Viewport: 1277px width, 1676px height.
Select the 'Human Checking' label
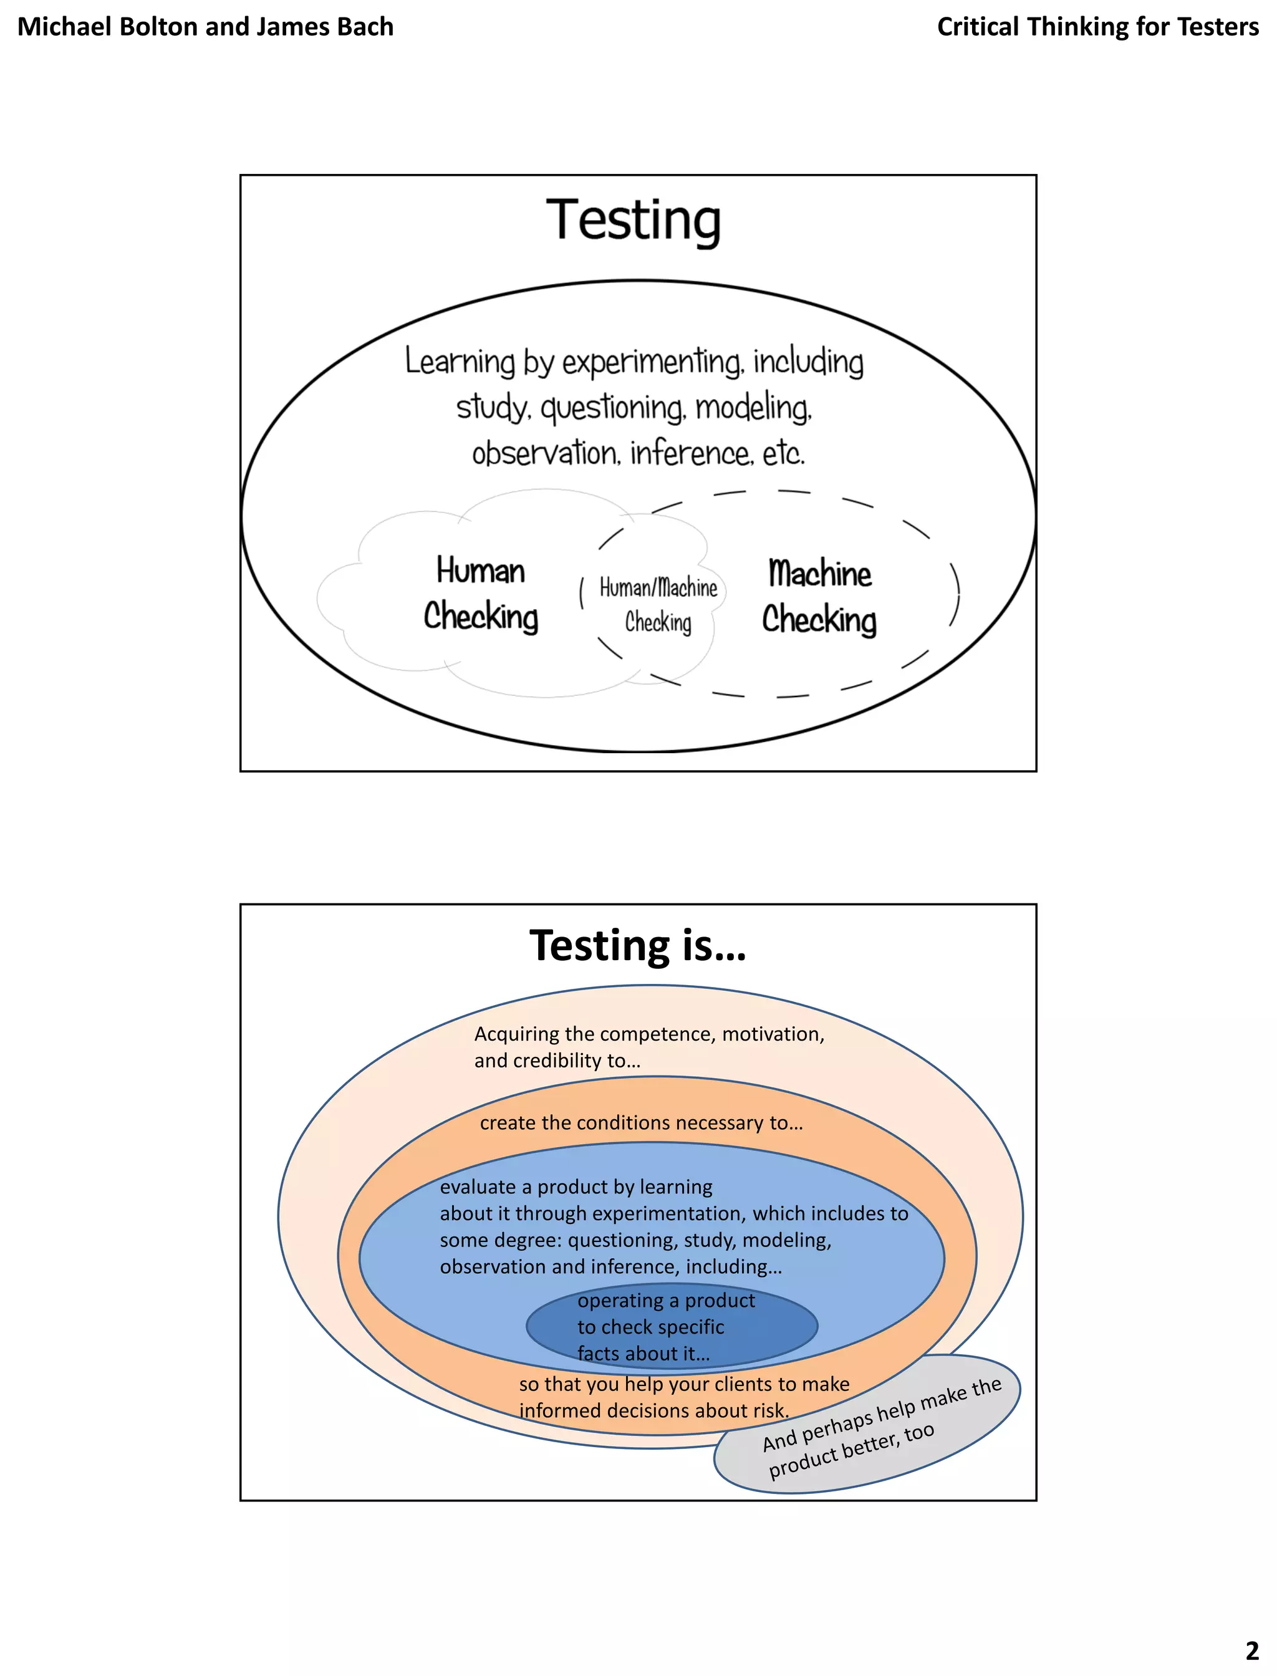click(x=480, y=594)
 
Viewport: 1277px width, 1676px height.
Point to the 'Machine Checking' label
click(x=819, y=597)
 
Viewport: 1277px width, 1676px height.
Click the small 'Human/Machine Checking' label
click(x=658, y=605)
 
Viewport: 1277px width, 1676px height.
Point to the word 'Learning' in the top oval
click(x=460, y=361)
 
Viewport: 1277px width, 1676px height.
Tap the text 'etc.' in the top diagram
click(x=783, y=454)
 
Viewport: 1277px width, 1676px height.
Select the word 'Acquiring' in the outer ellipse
click(x=516, y=1034)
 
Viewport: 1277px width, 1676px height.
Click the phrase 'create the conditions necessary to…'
click(x=641, y=1123)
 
